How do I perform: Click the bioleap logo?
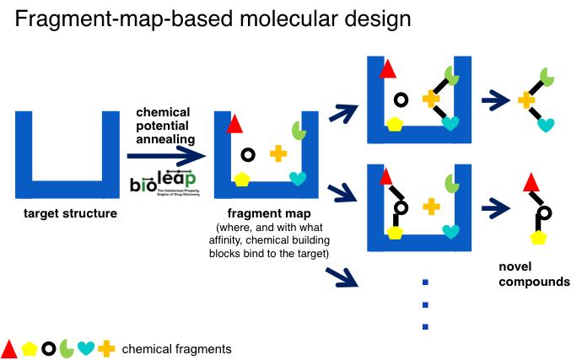[x=163, y=181]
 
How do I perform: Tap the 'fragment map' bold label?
[x=265, y=214]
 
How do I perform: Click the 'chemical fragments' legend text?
[x=176, y=348]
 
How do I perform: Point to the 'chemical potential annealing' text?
[x=165, y=126]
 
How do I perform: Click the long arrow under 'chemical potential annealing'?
[x=166, y=156]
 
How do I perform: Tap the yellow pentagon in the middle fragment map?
[x=243, y=179]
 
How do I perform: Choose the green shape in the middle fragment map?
[x=299, y=130]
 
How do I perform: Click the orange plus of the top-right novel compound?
[x=527, y=99]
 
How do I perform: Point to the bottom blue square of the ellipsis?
[x=426, y=327]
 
